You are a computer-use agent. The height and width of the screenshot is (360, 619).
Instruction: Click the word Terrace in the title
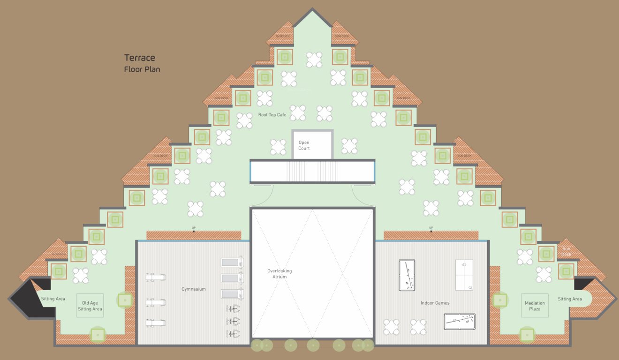click(139, 58)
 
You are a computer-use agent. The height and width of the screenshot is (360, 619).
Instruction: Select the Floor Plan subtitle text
click(142, 69)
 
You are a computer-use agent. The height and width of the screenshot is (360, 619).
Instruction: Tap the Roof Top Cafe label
click(272, 115)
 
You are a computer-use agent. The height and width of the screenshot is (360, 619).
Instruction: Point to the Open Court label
click(304, 145)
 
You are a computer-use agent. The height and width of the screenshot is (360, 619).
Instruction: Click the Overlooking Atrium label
click(279, 274)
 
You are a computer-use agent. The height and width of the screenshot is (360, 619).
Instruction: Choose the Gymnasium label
click(194, 289)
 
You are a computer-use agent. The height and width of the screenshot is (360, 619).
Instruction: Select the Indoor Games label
click(435, 303)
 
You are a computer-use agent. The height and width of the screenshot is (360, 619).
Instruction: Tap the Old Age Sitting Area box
click(90, 306)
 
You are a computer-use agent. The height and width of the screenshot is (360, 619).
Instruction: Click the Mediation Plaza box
click(535, 306)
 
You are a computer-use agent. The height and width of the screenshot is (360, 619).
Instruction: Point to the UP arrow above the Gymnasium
click(194, 229)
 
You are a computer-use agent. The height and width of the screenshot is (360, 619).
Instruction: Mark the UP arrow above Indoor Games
click(431, 229)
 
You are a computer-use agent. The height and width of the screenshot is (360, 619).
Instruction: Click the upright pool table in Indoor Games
click(407, 275)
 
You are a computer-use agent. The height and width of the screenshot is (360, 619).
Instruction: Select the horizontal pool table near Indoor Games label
click(460, 321)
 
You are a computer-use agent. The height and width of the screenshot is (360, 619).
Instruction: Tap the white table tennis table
click(464, 275)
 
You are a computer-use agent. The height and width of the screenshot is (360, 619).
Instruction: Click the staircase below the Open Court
click(312, 171)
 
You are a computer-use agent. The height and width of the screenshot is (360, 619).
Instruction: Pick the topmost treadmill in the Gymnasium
click(233, 262)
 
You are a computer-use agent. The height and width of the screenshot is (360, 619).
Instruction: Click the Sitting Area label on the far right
click(570, 299)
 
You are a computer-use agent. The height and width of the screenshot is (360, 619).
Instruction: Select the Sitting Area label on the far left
click(53, 299)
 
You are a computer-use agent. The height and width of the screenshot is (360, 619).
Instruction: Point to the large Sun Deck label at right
click(566, 252)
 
